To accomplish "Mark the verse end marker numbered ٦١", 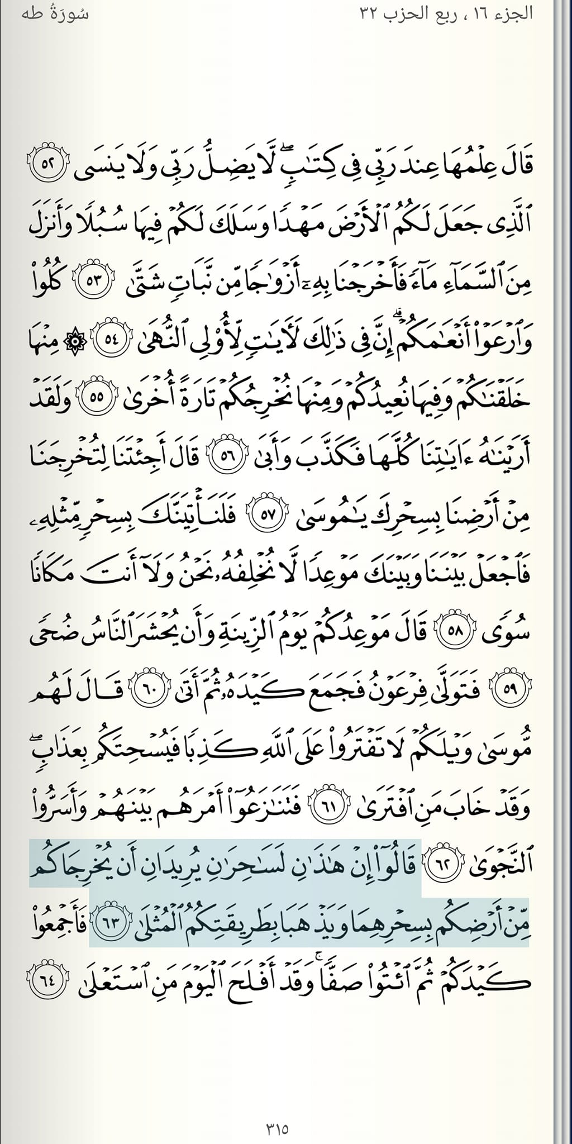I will pyautogui.click(x=322, y=805).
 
